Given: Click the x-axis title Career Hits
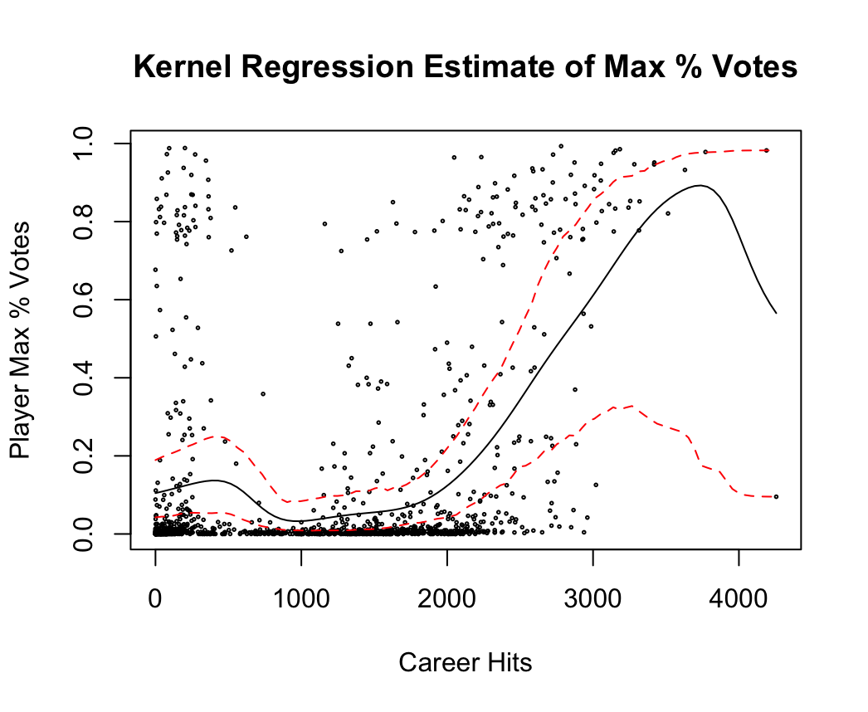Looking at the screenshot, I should (x=466, y=663).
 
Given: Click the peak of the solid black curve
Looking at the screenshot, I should (x=700, y=185).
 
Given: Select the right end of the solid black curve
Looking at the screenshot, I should (x=776, y=313).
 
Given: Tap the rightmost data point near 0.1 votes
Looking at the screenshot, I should (x=776, y=496).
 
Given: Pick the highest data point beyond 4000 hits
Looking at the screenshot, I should (x=767, y=150).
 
